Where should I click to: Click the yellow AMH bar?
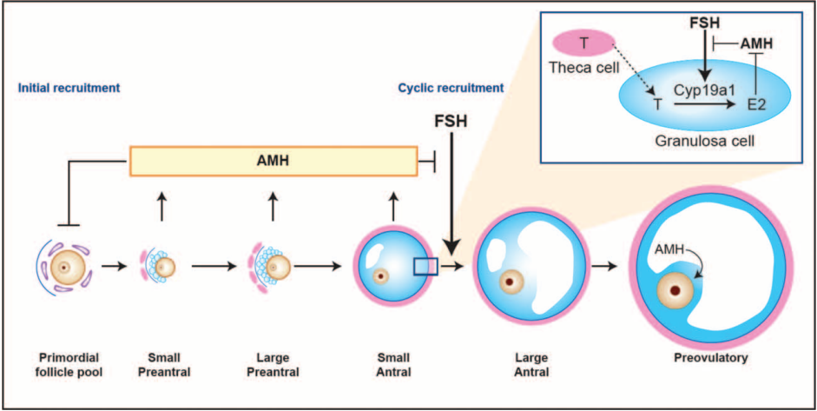point(273,162)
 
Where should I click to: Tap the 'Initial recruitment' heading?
point(67,88)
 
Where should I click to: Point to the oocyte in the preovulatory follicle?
point(676,290)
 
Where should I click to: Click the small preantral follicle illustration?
point(160,266)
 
